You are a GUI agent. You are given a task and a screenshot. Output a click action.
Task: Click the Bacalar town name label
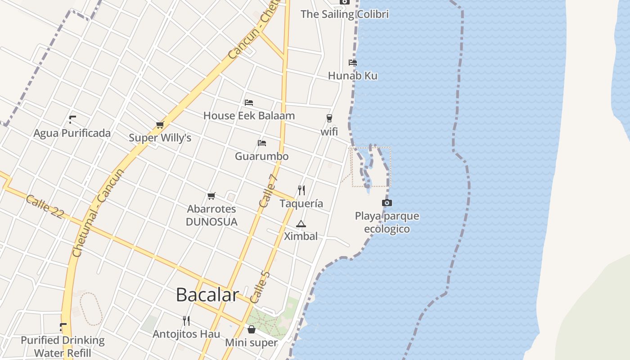pos(207,295)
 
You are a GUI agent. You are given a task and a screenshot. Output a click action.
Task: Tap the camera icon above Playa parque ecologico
pos(387,203)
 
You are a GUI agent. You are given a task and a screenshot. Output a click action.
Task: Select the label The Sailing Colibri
pos(344,14)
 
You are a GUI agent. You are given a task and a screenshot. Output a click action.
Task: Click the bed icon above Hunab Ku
pos(353,63)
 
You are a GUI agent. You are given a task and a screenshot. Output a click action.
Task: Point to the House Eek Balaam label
pos(249,116)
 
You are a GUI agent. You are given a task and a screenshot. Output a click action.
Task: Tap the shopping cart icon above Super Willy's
pos(160,125)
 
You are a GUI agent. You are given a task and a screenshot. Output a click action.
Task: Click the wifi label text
pos(329,132)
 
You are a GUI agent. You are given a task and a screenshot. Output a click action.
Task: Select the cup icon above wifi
pos(329,118)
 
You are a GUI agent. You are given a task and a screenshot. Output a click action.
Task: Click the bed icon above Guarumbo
pos(262,143)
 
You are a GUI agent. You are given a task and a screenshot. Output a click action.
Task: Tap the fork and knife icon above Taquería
pos(301,190)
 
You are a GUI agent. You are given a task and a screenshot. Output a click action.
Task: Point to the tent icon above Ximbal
pos(301,224)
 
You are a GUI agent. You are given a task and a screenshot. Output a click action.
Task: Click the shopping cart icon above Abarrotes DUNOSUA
pos(211,196)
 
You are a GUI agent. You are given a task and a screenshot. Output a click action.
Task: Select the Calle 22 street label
pos(45,207)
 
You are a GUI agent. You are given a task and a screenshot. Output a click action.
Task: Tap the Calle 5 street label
pos(260,287)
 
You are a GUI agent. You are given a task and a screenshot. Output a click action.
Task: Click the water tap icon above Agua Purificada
pos(72,120)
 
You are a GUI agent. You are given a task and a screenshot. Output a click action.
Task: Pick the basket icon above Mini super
pos(252,329)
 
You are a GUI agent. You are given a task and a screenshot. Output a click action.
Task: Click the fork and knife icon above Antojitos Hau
pos(186,320)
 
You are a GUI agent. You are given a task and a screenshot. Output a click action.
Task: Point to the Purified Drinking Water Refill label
pos(63,346)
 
